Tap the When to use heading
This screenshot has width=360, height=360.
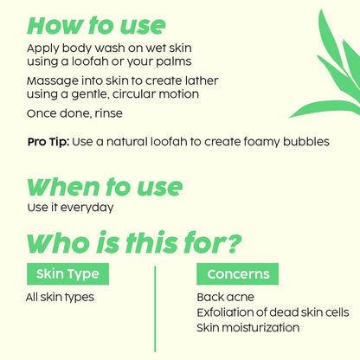click(105, 186)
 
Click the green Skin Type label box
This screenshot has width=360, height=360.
click(67, 274)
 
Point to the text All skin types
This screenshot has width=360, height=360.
click(60, 298)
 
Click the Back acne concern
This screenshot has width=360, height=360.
click(223, 298)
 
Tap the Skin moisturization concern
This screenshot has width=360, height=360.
click(248, 328)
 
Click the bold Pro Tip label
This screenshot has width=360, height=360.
click(48, 141)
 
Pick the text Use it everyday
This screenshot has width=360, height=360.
click(71, 208)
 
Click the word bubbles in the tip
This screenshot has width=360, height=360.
click(302, 141)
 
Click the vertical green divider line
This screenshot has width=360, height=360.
click(154, 308)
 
